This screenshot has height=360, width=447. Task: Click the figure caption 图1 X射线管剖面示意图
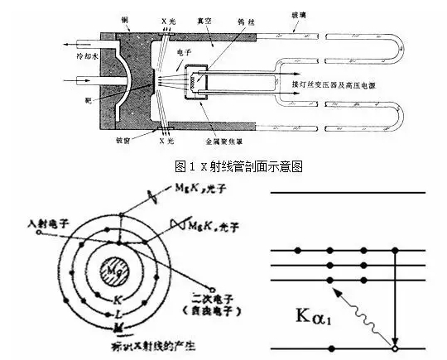pyautogui.click(x=240, y=165)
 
